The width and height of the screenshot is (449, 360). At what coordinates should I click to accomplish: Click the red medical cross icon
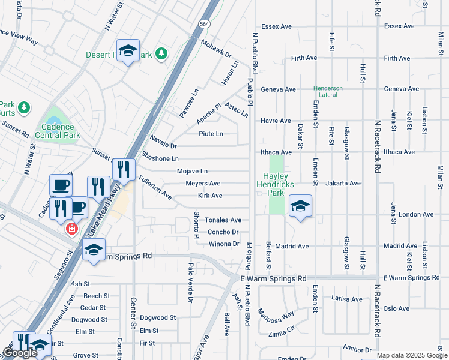tap(71, 229)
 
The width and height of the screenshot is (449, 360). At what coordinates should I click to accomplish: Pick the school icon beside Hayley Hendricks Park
tap(300, 207)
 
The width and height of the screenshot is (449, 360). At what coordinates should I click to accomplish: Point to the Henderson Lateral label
tap(328, 92)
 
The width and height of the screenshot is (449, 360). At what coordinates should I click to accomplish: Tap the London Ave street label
tap(415, 214)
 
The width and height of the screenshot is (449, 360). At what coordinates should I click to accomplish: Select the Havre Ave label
tap(276, 121)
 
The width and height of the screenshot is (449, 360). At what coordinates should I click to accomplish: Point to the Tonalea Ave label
tap(223, 220)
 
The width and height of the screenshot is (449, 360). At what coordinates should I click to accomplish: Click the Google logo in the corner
tap(20, 353)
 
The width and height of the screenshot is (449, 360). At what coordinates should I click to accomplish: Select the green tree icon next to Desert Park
tap(161, 55)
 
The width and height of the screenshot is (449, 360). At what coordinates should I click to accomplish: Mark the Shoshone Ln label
tap(160, 158)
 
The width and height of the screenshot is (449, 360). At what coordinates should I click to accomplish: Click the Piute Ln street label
tap(211, 134)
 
